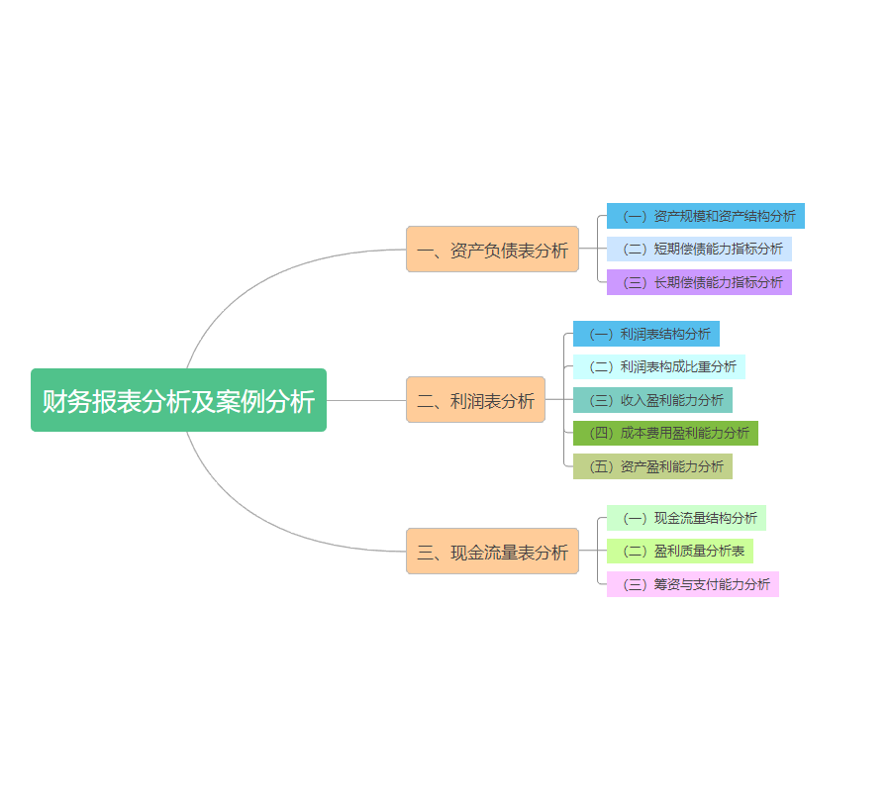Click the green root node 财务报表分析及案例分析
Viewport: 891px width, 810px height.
click(x=178, y=400)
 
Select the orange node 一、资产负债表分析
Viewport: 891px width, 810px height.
click(x=492, y=250)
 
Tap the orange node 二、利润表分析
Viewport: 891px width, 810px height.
click(x=475, y=400)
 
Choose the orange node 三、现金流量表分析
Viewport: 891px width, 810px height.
click(x=492, y=552)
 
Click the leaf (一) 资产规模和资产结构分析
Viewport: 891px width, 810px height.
click(x=705, y=216)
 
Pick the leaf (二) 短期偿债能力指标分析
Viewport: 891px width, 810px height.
click(x=699, y=249)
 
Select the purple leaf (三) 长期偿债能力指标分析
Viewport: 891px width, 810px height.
click(x=699, y=282)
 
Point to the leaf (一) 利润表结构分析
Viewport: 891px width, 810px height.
click(x=645, y=334)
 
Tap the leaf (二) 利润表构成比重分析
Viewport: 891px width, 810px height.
click(x=658, y=366)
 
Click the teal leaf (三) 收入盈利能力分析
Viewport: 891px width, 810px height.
click(x=652, y=400)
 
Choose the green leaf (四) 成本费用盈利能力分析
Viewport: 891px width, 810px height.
click(x=665, y=433)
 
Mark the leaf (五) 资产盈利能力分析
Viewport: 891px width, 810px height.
click(x=652, y=466)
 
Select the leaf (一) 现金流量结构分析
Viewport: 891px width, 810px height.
click(x=686, y=518)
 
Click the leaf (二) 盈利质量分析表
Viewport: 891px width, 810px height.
click(x=679, y=551)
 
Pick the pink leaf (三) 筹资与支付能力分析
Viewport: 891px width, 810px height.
click(x=692, y=584)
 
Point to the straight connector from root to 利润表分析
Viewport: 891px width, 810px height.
click(x=366, y=400)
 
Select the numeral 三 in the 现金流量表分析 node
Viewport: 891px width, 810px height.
click(x=426, y=553)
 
